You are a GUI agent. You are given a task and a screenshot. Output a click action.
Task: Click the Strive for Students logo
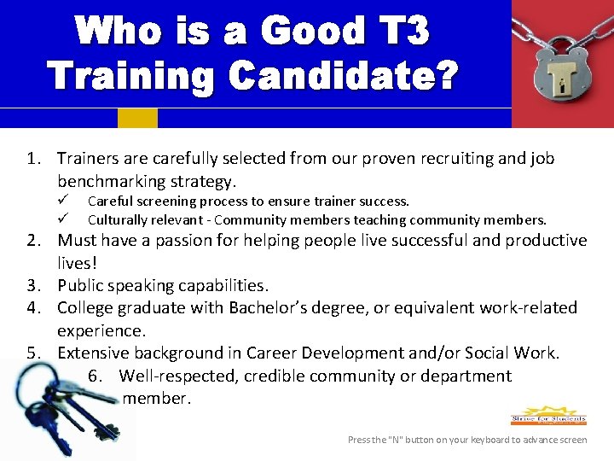click(548, 416)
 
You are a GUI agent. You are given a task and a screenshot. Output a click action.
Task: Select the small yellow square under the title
click(137, 118)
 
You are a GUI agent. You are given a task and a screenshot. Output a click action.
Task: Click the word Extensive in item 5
click(95, 353)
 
